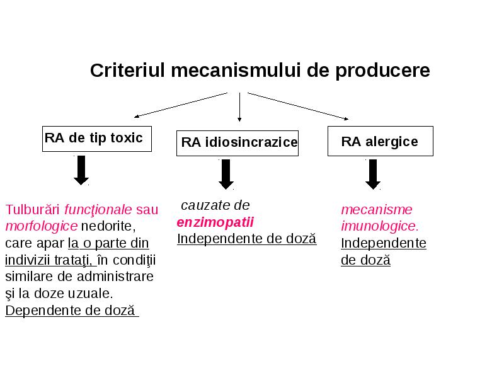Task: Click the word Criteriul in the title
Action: point(127,70)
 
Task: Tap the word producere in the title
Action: point(382,71)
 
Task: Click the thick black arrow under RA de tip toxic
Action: point(81,170)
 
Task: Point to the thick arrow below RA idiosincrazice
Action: point(226,175)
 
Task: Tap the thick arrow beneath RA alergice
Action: point(373,175)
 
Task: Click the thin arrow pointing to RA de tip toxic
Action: point(181,105)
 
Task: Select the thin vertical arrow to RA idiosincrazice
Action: point(239,107)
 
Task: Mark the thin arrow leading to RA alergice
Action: point(298,106)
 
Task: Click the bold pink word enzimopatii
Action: point(215,222)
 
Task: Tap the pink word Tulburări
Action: point(33,210)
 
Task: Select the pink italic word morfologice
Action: point(42,226)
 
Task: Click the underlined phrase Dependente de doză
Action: point(71,311)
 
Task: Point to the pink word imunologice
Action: point(380,226)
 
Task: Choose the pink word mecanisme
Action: point(376,210)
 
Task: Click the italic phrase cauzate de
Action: point(215,205)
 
